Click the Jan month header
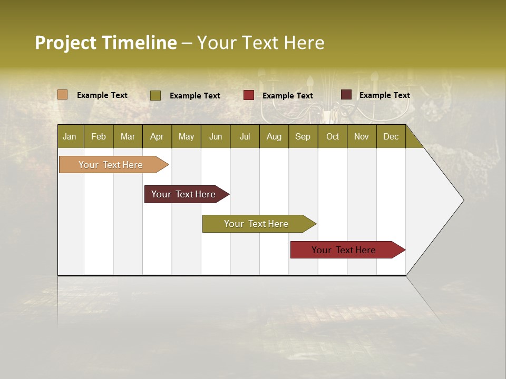70,136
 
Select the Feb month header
99,136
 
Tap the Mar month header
128,136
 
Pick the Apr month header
157,136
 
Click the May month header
186,136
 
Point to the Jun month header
216,136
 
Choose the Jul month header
245,136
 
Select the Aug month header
274,136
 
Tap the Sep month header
303,136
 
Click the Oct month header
333,136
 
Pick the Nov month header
362,136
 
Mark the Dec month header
391,136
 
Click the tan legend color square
62,95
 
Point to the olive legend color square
155,95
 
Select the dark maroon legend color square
346,95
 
